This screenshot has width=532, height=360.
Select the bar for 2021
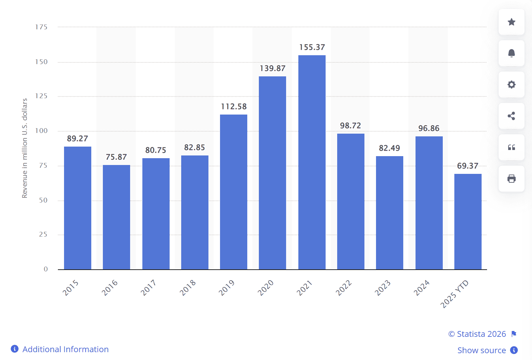pyautogui.click(x=312, y=162)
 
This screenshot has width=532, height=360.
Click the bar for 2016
pyautogui.click(x=116, y=217)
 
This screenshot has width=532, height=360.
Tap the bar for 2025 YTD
pyautogui.click(x=468, y=222)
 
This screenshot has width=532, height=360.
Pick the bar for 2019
pyautogui.click(x=234, y=192)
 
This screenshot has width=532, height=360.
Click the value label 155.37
pyautogui.click(x=312, y=47)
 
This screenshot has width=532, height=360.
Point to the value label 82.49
pyautogui.click(x=389, y=148)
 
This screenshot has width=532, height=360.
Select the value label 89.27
pyautogui.click(x=77, y=139)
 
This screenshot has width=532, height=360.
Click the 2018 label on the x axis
pyautogui.click(x=188, y=287)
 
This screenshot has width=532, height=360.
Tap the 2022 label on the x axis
pyautogui.click(x=343, y=287)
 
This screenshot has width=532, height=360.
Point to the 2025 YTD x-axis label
pyautogui.click(x=454, y=294)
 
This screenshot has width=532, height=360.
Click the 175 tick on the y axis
pyautogui.click(x=41, y=27)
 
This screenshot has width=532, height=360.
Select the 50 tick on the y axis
pyautogui.click(x=43, y=200)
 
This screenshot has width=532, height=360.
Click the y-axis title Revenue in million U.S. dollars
pyautogui.click(x=25, y=148)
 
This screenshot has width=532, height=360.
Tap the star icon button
pyautogui.click(x=511, y=22)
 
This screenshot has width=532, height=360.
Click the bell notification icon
pyautogui.click(x=511, y=53)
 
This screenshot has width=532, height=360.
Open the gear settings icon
pyautogui.click(x=511, y=85)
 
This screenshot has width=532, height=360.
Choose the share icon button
pyautogui.click(x=511, y=116)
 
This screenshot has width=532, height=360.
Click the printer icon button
pyautogui.click(x=511, y=179)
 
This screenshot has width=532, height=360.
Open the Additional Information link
pyautogui.click(x=65, y=349)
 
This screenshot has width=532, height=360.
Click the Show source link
pyautogui.click(x=481, y=350)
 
